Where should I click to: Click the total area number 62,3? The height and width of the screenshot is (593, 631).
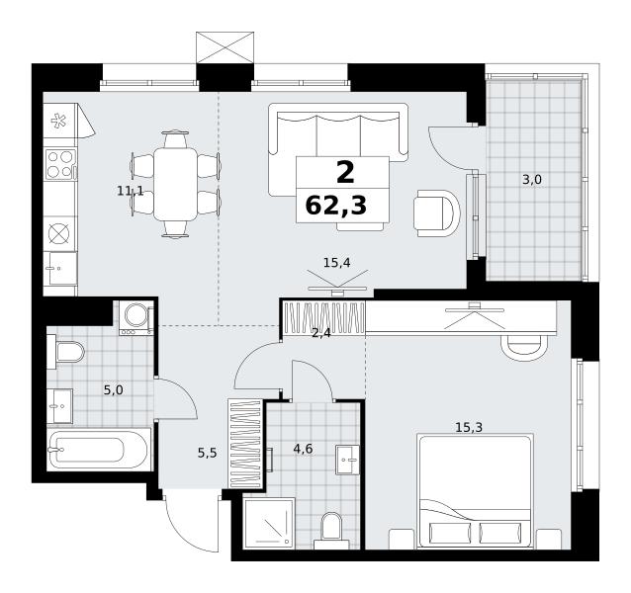[336, 206]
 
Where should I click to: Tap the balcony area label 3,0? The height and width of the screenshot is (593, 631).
[531, 180]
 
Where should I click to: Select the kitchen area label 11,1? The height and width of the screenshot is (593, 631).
[130, 190]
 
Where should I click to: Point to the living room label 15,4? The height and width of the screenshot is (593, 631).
[337, 263]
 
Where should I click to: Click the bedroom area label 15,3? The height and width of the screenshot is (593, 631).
[469, 427]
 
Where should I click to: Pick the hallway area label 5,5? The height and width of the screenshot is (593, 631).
[207, 453]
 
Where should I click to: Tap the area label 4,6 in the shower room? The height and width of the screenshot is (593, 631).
[303, 449]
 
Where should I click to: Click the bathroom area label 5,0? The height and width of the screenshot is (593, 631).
[113, 389]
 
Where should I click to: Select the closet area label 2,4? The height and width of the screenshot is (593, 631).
[321, 333]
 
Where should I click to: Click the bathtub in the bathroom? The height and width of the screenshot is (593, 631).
[99, 449]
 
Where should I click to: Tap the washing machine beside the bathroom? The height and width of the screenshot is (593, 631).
[136, 318]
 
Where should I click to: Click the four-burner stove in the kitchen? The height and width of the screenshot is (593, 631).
[60, 164]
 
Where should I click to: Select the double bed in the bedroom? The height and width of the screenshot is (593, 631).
[476, 490]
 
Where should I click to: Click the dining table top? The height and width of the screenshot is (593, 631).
[175, 184]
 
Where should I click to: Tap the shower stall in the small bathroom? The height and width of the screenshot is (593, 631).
[269, 523]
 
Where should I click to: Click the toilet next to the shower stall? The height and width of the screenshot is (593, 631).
[331, 531]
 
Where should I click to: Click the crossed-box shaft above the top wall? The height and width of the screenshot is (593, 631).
[225, 47]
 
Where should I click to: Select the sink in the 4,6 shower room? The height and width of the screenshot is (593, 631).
[348, 460]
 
